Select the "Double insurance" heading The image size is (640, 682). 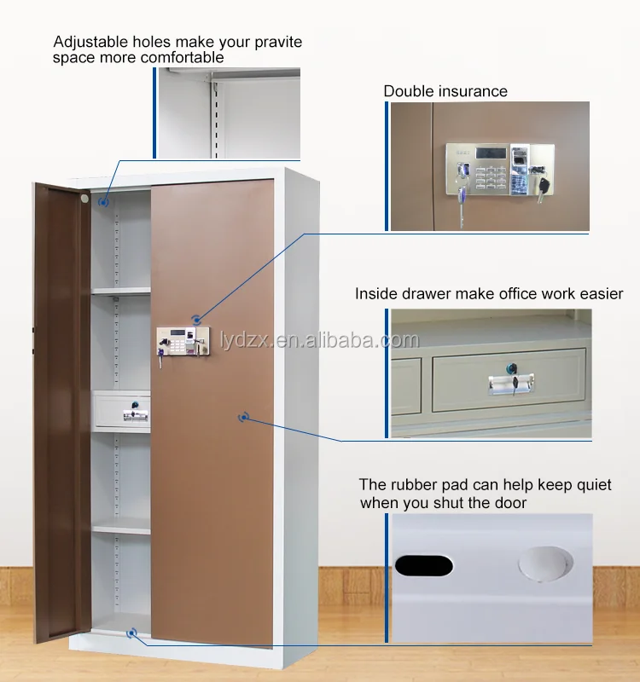tap(445, 91)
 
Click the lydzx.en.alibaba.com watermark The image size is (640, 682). tap(327, 341)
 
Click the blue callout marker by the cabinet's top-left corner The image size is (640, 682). tap(102, 202)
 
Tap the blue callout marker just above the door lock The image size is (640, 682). tap(198, 318)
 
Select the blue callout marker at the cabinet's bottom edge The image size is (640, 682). tap(131, 633)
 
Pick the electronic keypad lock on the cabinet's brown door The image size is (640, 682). tap(179, 342)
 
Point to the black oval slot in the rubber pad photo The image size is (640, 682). tap(424, 564)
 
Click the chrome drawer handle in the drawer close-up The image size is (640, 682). tap(509, 385)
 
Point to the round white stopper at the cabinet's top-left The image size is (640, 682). tap(84, 198)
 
